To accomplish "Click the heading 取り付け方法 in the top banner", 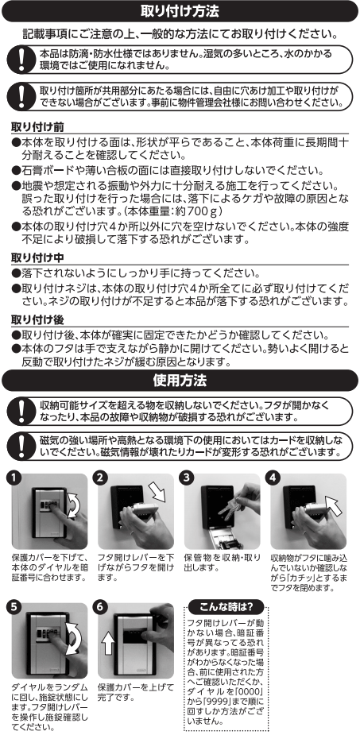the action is tap(180, 11).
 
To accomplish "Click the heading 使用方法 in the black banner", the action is tap(180, 380).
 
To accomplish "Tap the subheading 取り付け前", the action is tap(37, 126).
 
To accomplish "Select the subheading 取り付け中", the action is tap(37, 257).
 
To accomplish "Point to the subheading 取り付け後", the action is tap(37, 319).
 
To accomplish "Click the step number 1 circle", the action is tap(14, 478).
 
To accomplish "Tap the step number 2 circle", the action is tap(101, 478).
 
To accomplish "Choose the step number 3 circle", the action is tap(187, 478).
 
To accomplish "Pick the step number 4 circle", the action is tap(273, 478).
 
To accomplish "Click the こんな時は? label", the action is tap(226, 607).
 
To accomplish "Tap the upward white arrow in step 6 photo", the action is tap(108, 643).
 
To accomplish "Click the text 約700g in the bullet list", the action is tap(199, 211).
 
